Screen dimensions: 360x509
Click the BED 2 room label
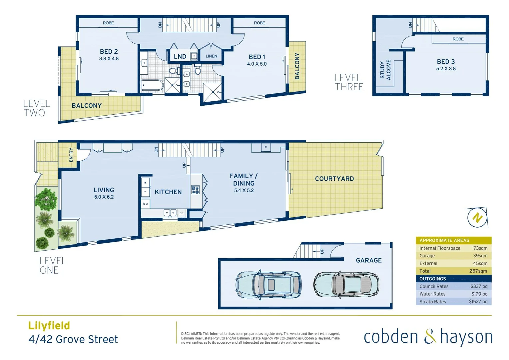pos(109,52)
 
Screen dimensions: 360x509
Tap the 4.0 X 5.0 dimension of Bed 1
pos(256,64)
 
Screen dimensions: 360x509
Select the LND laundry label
pos(180,57)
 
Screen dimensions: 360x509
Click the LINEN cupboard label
pos(211,56)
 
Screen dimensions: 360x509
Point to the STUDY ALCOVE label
pos(385,70)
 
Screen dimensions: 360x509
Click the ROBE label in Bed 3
pos(458,39)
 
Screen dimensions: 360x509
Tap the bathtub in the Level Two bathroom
pos(152,85)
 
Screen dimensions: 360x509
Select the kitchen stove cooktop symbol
pos(195,190)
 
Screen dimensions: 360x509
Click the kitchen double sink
pos(170,213)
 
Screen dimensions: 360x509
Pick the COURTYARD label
pos(334,179)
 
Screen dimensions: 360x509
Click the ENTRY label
pos(71,155)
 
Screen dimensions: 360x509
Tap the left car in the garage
pos(268,285)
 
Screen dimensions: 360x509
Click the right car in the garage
pos(346,285)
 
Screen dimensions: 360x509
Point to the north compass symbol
pos(477,218)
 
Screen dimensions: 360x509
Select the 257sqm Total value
pos(478,271)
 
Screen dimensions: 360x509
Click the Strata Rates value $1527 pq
pos(478,302)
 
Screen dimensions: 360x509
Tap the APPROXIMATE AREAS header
pos(444,240)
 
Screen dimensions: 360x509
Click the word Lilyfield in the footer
pos(49,326)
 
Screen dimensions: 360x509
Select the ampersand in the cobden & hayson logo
pos(430,336)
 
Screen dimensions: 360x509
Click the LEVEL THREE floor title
pos(349,82)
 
